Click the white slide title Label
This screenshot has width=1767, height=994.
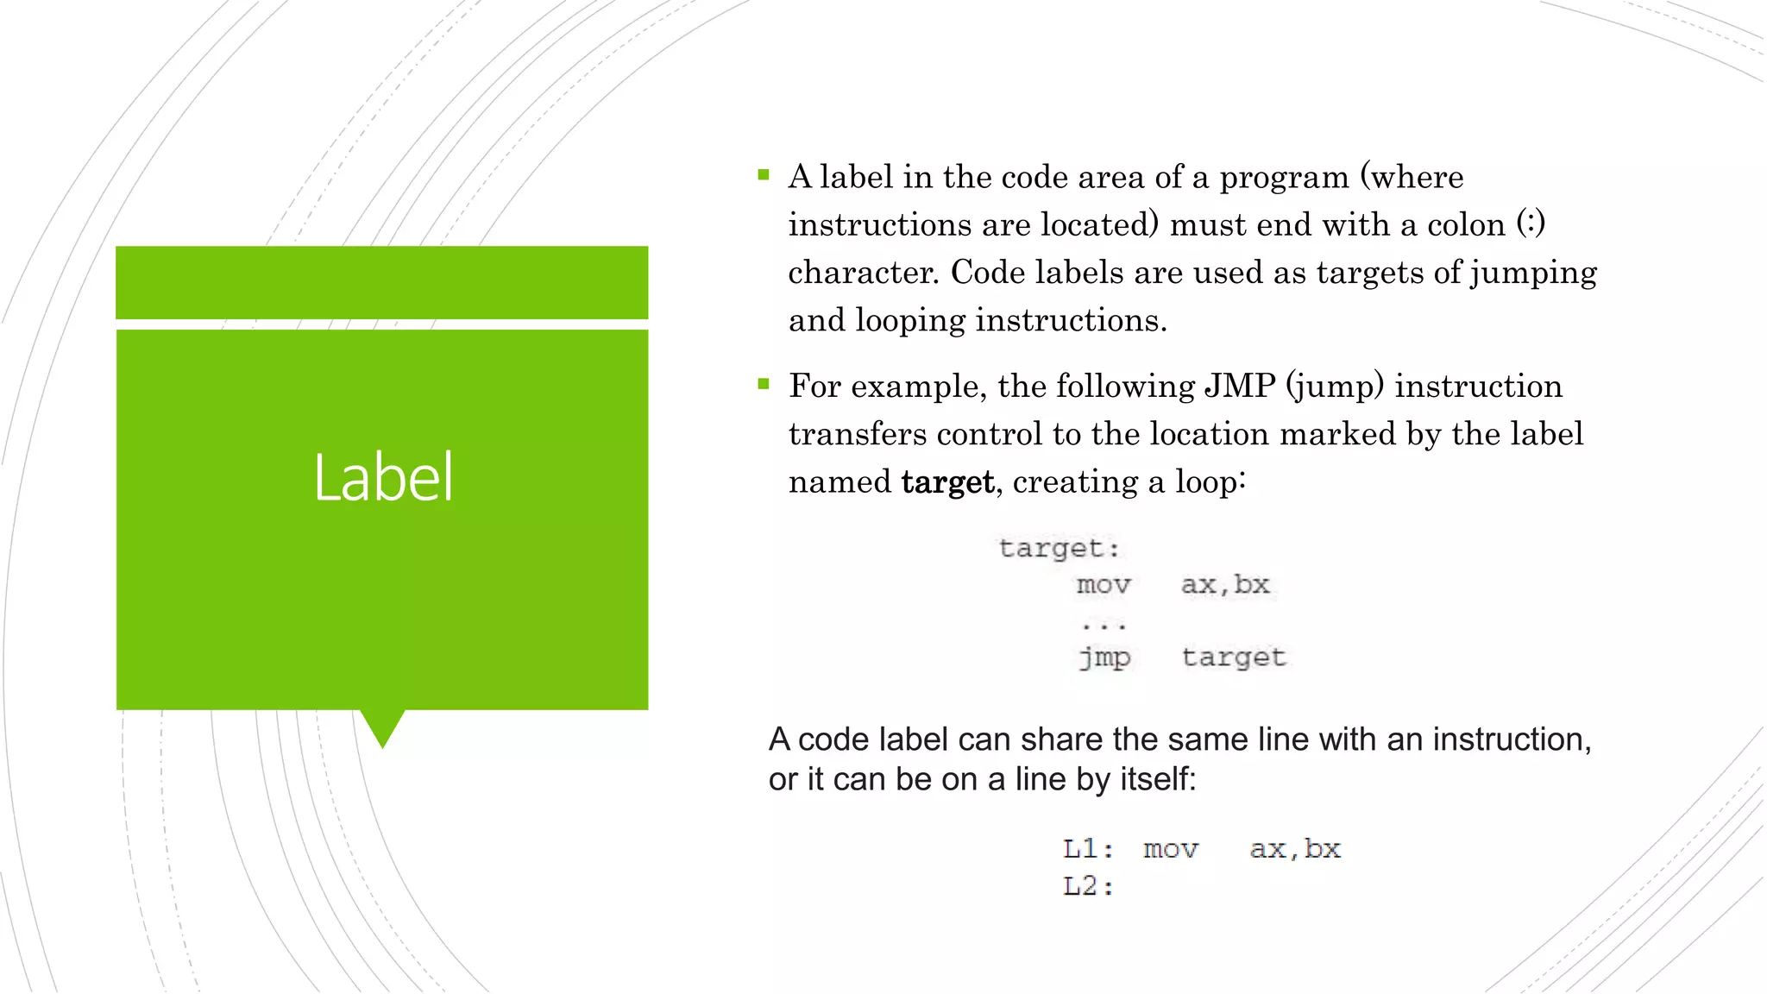(382, 477)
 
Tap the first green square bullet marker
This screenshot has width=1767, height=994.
(764, 175)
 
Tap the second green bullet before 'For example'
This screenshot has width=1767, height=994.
(764, 384)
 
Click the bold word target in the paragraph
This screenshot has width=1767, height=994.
(947, 482)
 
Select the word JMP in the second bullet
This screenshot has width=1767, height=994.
(1240, 386)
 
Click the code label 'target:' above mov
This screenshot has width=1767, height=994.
(1059, 548)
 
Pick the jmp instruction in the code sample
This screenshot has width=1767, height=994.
(1104, 657)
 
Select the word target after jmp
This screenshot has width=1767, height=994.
(1234, 657)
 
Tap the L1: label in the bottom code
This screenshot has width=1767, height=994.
(1088, 849)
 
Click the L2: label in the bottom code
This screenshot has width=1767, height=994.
(1088, 886)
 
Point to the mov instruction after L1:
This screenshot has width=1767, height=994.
(1171, 849)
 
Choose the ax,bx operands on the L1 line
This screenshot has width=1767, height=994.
(1295, 849)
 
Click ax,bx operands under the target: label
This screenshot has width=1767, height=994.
(1225, 585)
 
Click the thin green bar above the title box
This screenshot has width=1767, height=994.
(382, 282)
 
